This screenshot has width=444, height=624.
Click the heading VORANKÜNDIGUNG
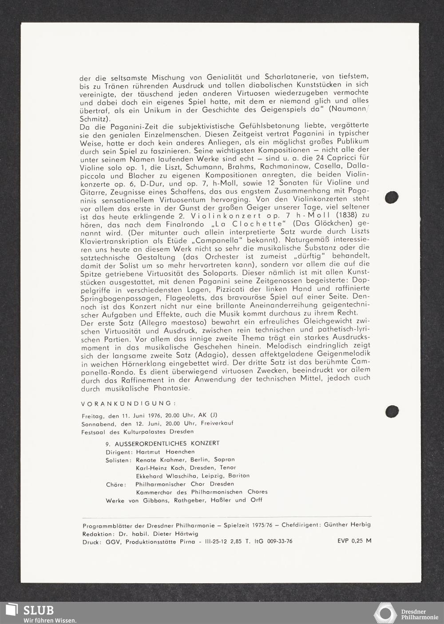pos(128,403)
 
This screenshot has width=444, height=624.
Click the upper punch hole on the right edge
pos(392,197)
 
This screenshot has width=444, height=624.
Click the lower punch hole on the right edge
pos(392,411)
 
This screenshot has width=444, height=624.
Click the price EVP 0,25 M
pos(354,541)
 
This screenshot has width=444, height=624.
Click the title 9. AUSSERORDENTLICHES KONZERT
pos(163,443)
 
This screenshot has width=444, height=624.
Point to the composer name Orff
pos(255,500)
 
